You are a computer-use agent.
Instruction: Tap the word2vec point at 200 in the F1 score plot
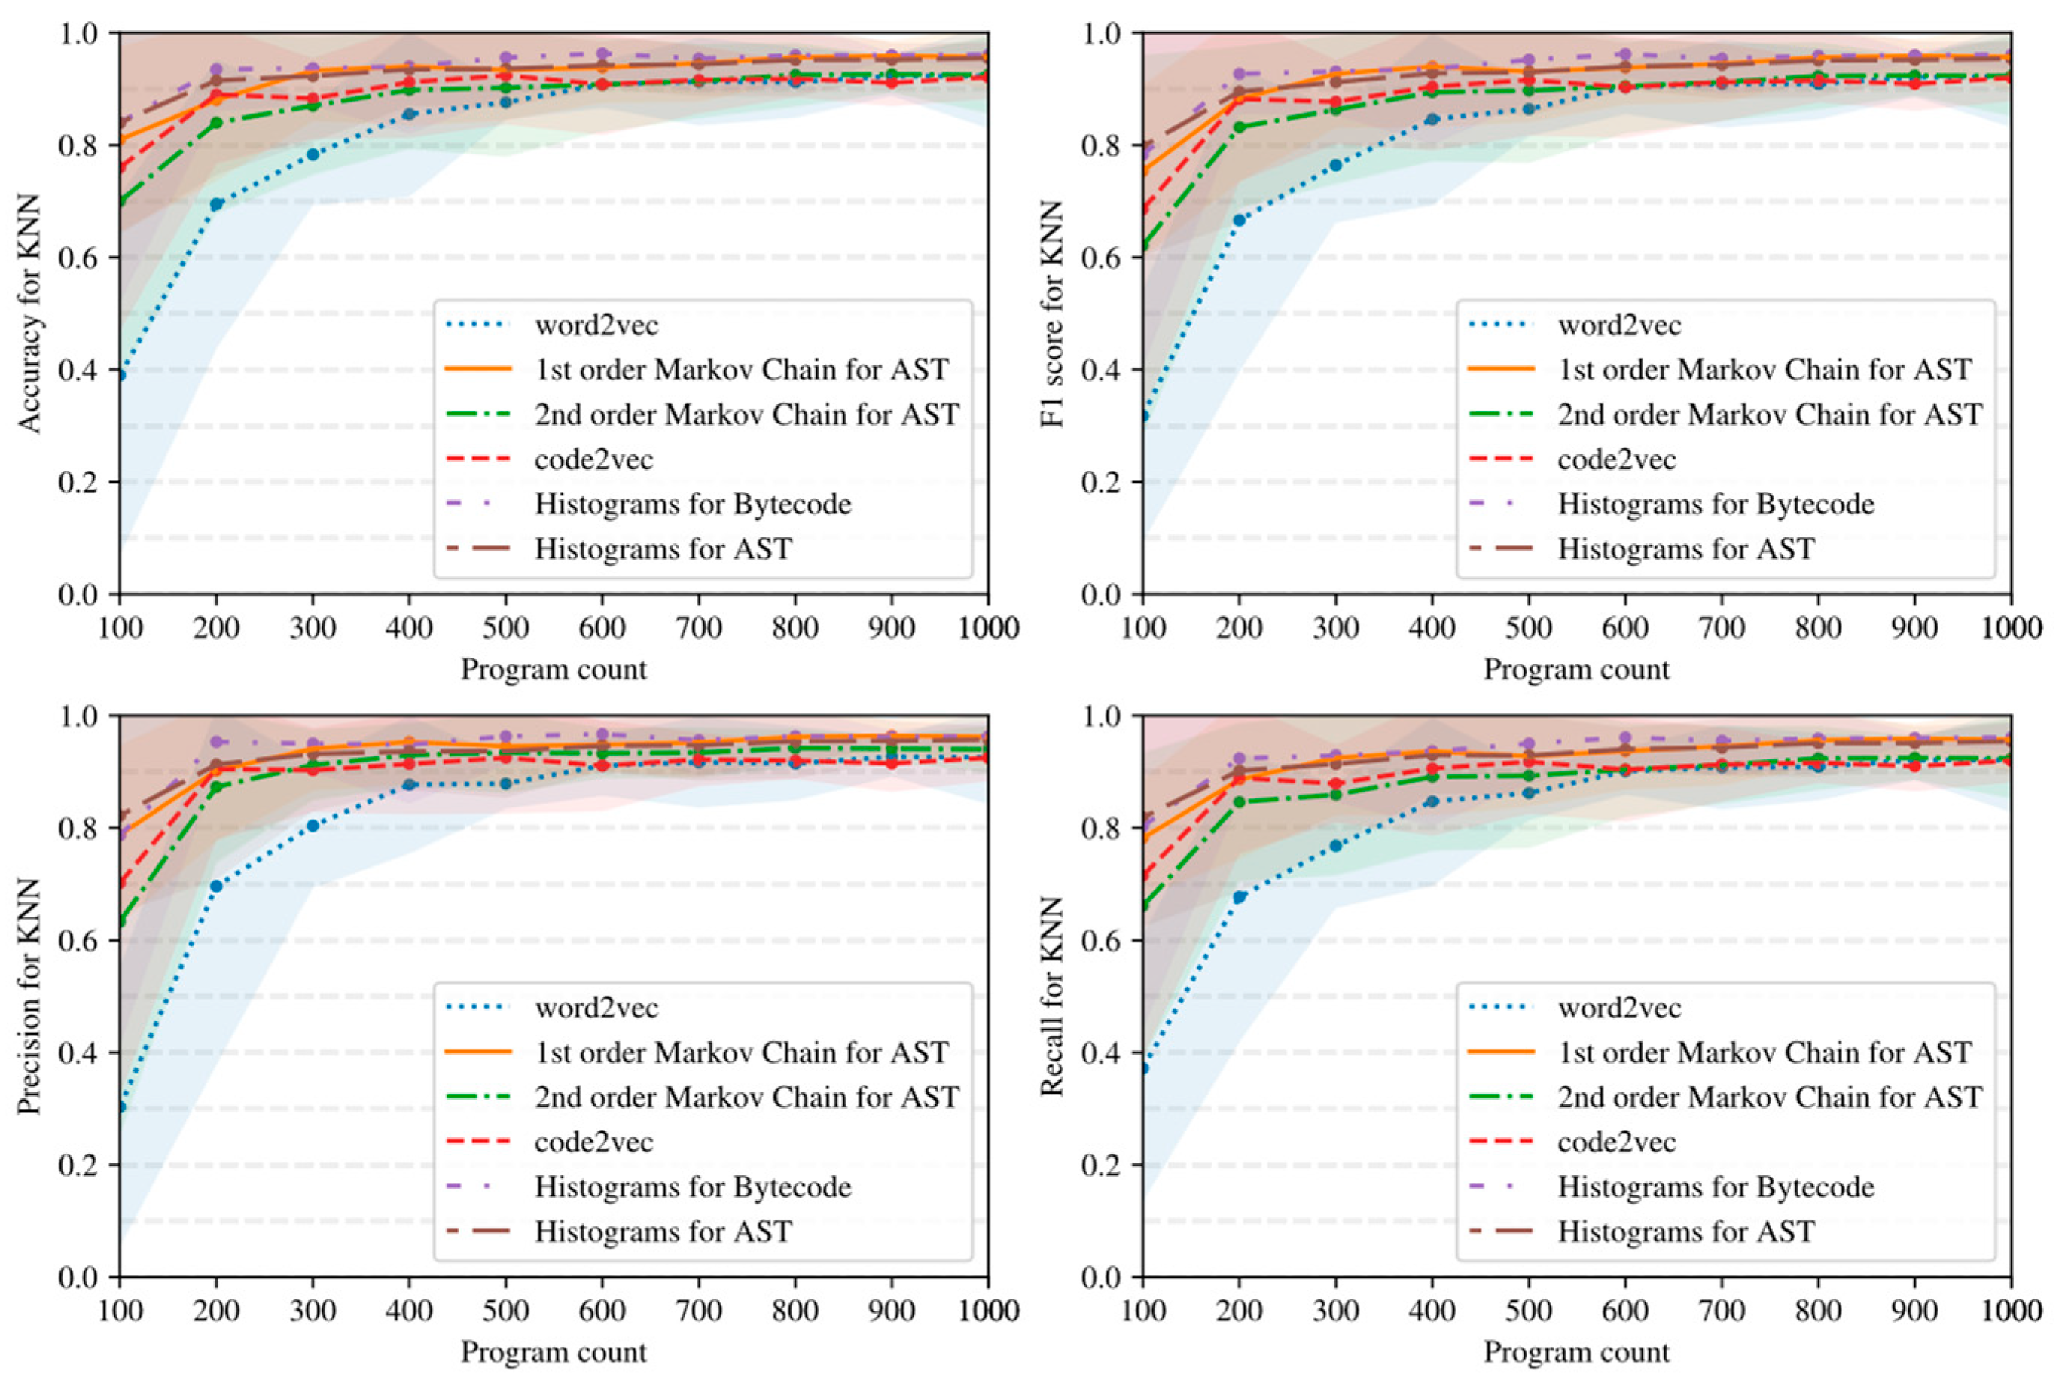click(x=1239, y=220)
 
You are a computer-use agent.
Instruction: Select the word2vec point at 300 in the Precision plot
click(x=313, y=826)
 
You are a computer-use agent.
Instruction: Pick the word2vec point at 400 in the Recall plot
click(x=1432, y=801)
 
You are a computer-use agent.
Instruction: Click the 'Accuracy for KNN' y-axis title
click(x=29, y=313)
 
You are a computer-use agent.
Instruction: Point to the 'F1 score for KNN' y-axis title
click(x=1052, y=313)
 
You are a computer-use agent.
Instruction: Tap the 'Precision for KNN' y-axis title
click(x=29, y=996)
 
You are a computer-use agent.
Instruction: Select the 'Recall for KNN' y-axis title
click(x=1052, y=996)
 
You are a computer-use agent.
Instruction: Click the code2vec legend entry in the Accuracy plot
click(x=593, y=459)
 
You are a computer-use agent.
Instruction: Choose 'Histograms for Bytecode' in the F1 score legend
click(x=1716, y=504)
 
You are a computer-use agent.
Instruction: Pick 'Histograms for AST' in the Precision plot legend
click(x=663, y=1232)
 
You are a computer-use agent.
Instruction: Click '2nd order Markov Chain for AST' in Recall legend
click(x=1769, y=1097)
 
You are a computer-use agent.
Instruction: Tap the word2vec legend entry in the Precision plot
click(x=596, y=1008)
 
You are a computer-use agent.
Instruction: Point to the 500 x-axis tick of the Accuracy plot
click(x=505, y=628)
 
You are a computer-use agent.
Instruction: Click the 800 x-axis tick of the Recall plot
click(x=1818, y=1311)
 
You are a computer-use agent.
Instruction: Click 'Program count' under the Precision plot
click(x=554, y=1352)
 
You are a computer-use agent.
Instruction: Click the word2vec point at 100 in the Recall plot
click(x=1143, y=1068)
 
